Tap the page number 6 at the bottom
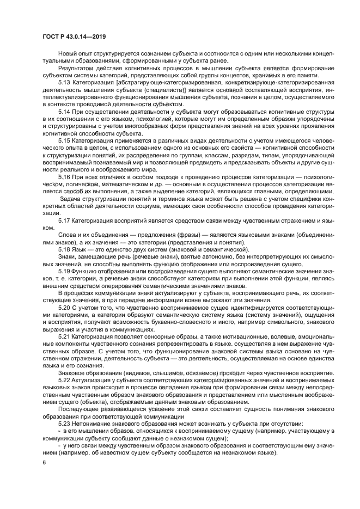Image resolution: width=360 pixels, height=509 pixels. click(x=45, y=462)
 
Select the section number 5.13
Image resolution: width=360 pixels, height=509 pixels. click(x=64, y=82)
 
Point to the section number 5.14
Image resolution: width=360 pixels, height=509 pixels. click(x=64, y=111)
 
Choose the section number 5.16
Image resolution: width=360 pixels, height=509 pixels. click(x=64, y=177)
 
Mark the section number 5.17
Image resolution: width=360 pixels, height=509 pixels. click(x=64, y=220)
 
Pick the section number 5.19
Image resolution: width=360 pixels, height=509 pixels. click(x=64, y=271)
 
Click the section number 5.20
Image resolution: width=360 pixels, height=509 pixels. click(x=64, y=308)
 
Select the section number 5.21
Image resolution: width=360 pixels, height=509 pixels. click(x=64, y=336)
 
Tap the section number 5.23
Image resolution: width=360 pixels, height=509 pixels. click(x=64, y=424)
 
